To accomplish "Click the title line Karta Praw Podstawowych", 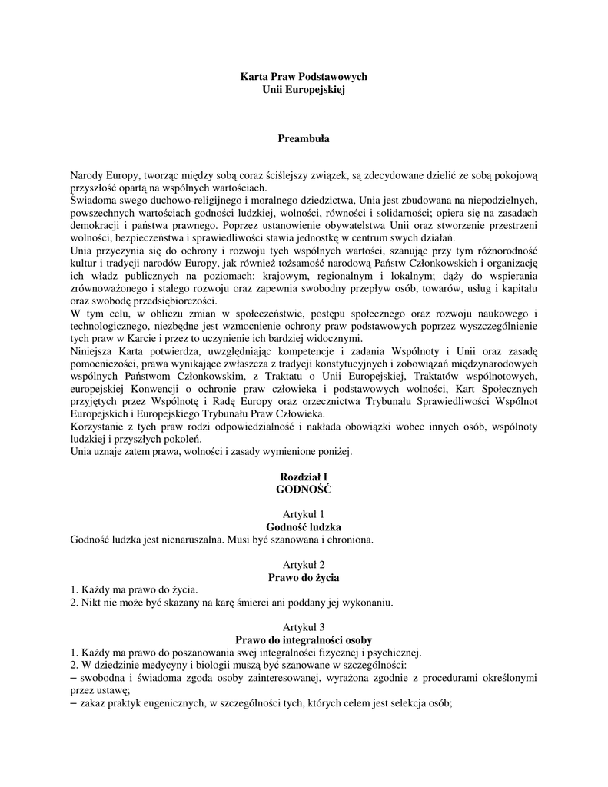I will coord(304,78).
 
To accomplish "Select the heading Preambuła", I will coord(304,139).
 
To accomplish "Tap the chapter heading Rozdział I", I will coord(304,477).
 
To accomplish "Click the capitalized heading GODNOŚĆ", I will coord(304,489).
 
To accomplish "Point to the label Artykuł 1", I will coord(304,514).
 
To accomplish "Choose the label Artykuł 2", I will coord(304,564).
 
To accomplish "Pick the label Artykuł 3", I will coord(304,626).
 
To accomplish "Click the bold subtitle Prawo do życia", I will coord(304,576).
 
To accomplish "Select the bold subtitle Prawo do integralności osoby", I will coord(304,639).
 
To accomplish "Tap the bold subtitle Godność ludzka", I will coord(304,527).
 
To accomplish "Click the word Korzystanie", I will coord(100,427).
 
